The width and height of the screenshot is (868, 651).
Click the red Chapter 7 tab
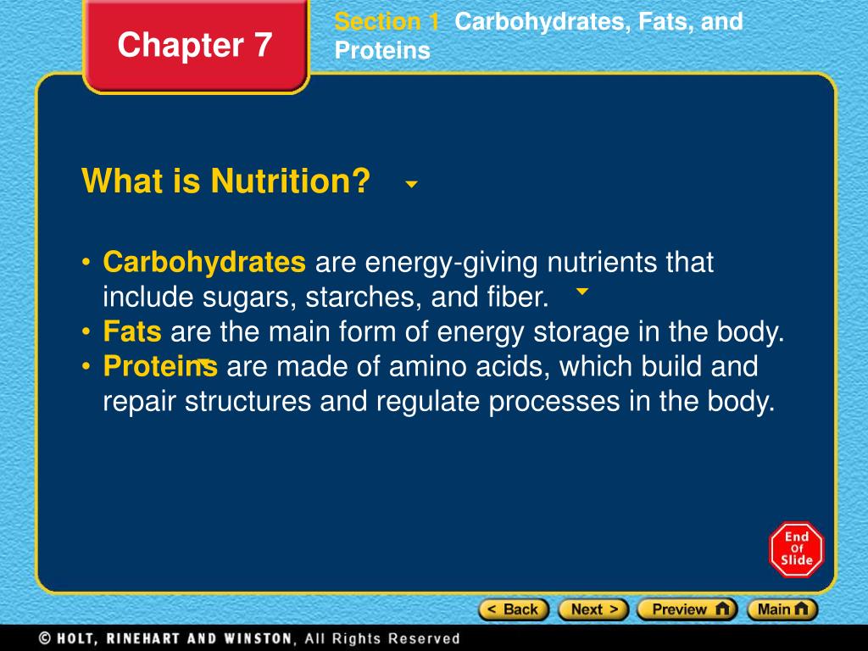(x=195, y=45)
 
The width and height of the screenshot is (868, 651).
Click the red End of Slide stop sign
(x=796, y=549)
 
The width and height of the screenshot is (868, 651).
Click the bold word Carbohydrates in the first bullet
(x=204, y=263)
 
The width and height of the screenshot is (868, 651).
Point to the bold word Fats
(x=132, y=331)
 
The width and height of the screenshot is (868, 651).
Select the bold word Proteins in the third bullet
(x=160, y=366)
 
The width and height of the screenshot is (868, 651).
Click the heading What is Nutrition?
(x=226, y=181)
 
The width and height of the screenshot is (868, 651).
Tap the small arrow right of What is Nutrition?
(x=411, y=184)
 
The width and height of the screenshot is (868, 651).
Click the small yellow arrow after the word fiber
(x=581, y=292)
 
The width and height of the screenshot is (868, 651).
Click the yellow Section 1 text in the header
(x=387, y=22)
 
